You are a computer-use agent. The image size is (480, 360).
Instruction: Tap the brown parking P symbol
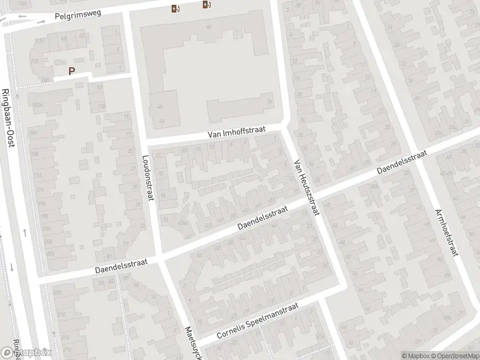(x=71, y=71)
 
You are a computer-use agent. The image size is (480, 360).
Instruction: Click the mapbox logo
(x=27, y=353)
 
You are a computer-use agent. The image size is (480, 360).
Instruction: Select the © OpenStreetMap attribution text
(x=454, y=356)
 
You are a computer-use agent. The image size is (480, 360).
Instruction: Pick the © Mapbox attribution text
(x=416, y=356)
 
